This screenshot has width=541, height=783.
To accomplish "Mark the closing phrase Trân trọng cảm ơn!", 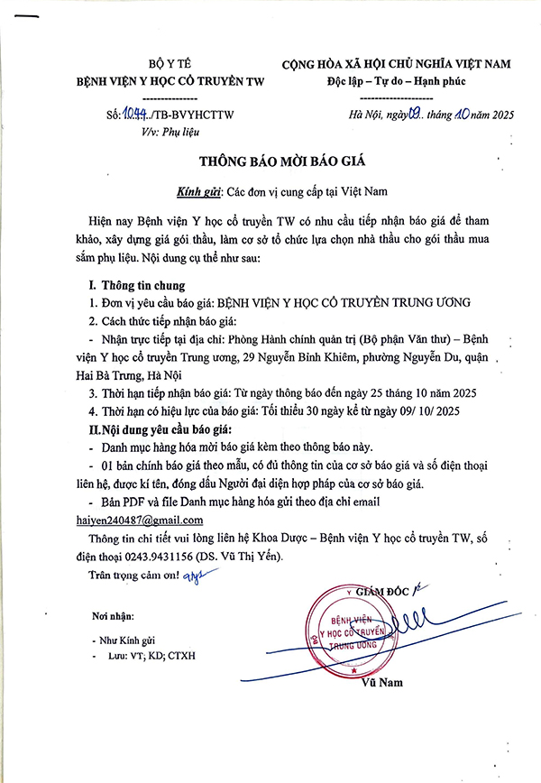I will [136, 576].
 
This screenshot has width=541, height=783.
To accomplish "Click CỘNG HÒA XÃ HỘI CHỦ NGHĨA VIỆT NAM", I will [396, 64].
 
